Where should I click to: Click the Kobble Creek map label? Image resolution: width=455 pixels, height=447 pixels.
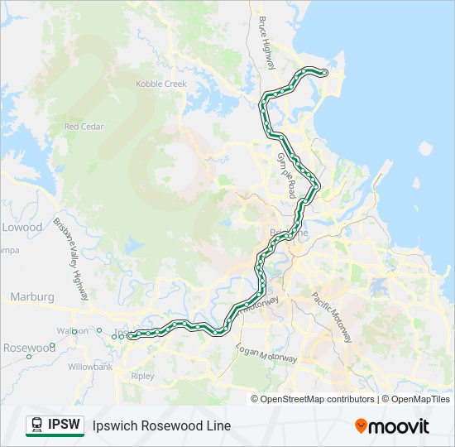pos(161,84)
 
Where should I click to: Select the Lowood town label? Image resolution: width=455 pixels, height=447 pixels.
pos(22,227)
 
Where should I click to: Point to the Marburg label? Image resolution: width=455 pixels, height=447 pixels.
pos(31,296)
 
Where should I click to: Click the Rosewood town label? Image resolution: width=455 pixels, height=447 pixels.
pos(28,347)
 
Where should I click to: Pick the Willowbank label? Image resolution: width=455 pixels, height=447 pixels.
pos(92,366)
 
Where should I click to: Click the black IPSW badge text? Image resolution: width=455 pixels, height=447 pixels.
pos(65,425)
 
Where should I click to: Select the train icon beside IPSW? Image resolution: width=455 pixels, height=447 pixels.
pos(36,425)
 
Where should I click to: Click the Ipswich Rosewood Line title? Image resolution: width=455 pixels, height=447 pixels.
pos(162,425)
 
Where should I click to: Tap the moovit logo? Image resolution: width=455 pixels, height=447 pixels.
pos(392,425)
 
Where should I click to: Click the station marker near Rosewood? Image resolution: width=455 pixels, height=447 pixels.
pos(29,356)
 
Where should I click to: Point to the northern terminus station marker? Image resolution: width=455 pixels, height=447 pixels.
pos(323,74)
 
